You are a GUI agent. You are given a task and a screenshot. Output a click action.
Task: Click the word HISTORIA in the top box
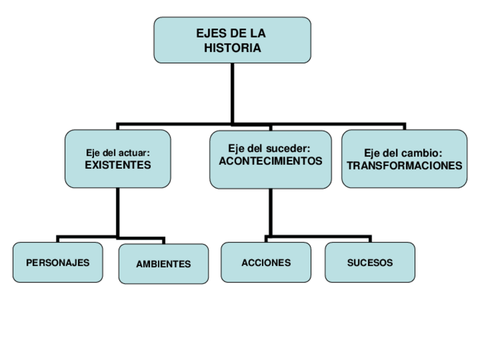click(x=232, y=48)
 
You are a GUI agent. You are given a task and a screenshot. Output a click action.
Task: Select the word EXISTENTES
click(x=118, y=165)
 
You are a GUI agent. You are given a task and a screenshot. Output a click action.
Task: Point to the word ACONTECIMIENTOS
click(x=271, y=161)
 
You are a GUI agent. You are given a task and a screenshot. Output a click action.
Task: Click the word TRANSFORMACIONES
click(x=404, y=166)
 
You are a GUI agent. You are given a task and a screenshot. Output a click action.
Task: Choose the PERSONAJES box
click(x=58, y=263)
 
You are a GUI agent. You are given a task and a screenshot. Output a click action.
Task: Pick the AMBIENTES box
click(x=163, y=264)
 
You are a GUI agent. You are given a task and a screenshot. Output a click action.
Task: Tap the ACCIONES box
click(x=266, y=263)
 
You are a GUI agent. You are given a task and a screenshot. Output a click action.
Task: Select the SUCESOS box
click(x=370, y=263)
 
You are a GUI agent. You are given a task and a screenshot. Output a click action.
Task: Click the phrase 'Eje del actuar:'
click(x=118, y=153)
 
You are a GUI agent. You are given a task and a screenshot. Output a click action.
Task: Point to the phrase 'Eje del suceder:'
click(x=270, y=148)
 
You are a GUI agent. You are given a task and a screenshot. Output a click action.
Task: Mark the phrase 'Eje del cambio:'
click(x=402, y=153)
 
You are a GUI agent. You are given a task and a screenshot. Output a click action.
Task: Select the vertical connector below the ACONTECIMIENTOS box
click(x=270, y=212)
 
